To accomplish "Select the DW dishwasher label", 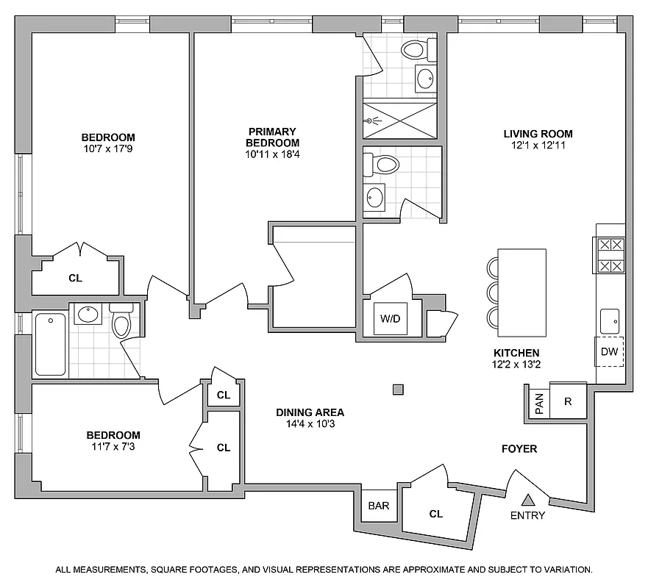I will pyautogui.click(x=609, y=351).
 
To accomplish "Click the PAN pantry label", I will pyautogui.click(x=538, y=403).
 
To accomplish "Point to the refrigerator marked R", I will pyautogui.click(x=568, y=402).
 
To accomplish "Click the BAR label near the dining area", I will pyautogui.click(x=378, y=506).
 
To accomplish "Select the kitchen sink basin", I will pyautogui.click(x=609, y=320).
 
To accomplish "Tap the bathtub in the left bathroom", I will pyautogui.click(x=50, y=343).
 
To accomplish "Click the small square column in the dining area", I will pyautogui.click(x=398, y=390).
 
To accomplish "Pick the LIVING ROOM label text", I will pyautogui.click(x=538, y=134).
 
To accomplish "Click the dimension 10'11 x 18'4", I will pyautogui.click(x=272, y=154).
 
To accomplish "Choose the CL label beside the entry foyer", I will pyautogui.click(x=436, y=514).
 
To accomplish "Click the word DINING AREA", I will pyautogui.click(x=310, y=412).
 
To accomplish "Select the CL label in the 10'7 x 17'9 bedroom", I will pyautogui.click(x=75, y=278).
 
